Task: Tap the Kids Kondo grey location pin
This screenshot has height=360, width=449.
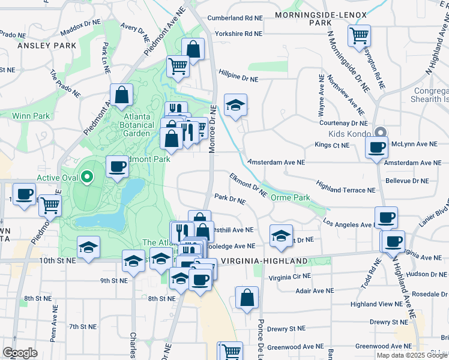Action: pyautogui.click(x=379, y=133)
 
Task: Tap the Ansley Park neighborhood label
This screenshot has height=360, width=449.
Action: pyautogui.click(x=47, y=45)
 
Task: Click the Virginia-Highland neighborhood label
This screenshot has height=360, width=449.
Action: pyautogui.click(x=264, y=261)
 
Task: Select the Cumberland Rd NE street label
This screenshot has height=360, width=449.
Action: pyautogui.click(x=235, y=18)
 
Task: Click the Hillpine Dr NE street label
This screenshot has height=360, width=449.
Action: pyautogui.click(x=238, y=79)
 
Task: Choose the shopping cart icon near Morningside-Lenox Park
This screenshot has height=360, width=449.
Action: pyautogui.click(x=359, y=35)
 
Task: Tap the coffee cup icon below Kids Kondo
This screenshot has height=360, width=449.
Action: pyautogui.click(x=377, y=147)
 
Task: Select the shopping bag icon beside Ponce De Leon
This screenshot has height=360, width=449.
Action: pyautogui.click(x=247, y=297)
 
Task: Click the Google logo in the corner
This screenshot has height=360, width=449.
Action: pyautogui.click(x=20, y=353)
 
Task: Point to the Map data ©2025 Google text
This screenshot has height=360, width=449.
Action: pyautogui.click(x=412, y=355)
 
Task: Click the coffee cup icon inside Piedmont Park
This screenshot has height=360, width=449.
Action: pyautogui.click(x=117, y=166)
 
